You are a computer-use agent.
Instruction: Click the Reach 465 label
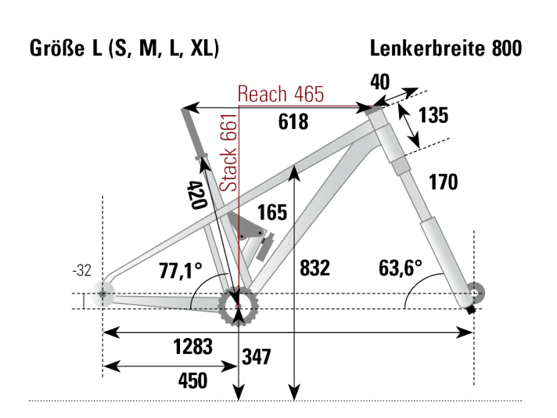click(x=280, y=94)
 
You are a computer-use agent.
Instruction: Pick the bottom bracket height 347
click(x=256, y=358)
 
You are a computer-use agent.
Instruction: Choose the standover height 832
click(x=314, y=268)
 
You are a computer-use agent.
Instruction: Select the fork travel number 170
click(x=443, y=182)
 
